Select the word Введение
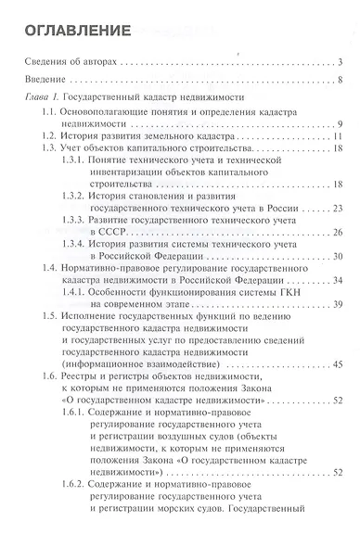point(43,79)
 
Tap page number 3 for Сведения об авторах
point(341,63)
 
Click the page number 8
point(341,79)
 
